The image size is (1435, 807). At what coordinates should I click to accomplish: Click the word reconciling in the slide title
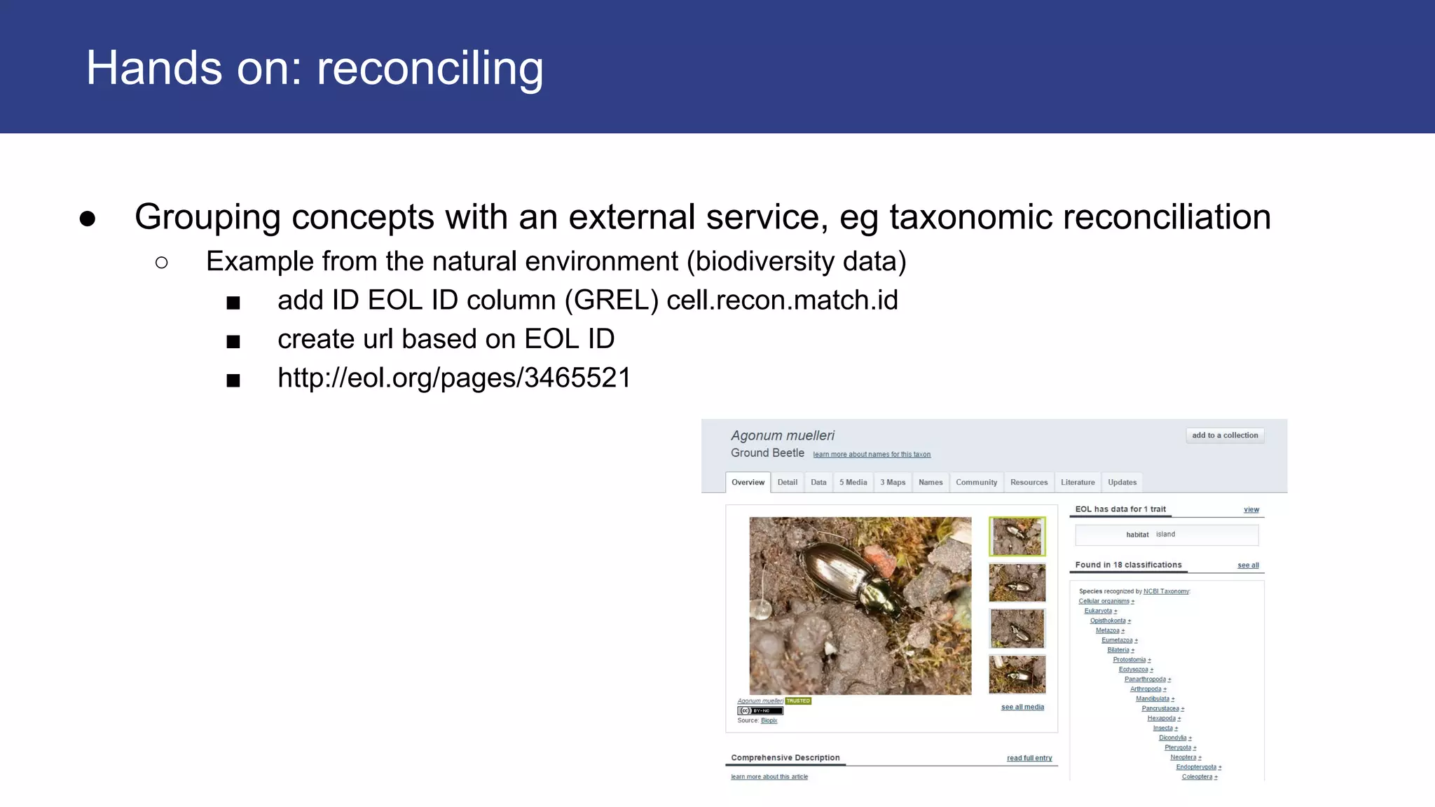click(x=430, y=69)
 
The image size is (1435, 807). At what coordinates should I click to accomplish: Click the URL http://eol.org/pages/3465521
click(x=454, y=378)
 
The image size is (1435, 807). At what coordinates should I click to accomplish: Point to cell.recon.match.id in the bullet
click(x=782, y=301)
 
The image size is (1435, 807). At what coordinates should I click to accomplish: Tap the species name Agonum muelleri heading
click(x=782, y=436)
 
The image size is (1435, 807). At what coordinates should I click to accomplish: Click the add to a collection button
click(x=1224, y=436)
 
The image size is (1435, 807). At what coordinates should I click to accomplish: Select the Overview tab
click(x=748, y=483)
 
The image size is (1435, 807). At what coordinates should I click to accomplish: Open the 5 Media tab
click(x=853, y=483)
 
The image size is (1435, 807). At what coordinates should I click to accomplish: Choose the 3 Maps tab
click(x=893, y=483)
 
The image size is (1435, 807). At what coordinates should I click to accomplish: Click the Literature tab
click(x=1077, y=483)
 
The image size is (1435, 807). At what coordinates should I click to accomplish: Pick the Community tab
click(x=976, y=483)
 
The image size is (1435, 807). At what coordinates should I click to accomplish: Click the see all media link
click(x=1022, y=708)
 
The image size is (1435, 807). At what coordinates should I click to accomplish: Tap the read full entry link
click(x=1029, y=759)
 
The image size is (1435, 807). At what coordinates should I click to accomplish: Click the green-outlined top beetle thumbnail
click(x=1017, y=537)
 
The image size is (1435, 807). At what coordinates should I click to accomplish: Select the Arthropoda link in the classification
click(x=1145, y=689)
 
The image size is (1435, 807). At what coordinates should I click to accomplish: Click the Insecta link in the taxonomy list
click(x=1162, y=729)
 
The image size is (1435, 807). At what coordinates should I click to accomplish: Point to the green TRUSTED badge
click(x=798, y=701)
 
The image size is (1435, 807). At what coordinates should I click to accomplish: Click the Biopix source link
click(x=769, y=721)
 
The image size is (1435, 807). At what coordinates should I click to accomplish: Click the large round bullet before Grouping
click(x=88, y=219)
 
